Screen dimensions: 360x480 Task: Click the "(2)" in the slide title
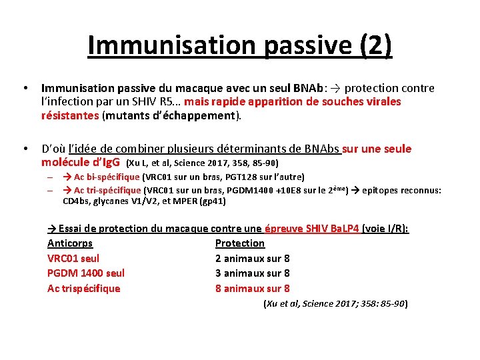click(376, 45)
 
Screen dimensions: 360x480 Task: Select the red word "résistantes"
click(69, 115)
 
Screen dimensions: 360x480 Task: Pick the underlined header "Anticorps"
click(70, 243)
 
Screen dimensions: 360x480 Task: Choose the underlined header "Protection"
click(240, 243)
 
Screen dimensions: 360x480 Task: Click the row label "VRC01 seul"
click(73, 258)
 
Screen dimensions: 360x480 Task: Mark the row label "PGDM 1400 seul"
click(86, 273)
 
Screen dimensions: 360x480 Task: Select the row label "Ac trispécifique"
click(84, 289)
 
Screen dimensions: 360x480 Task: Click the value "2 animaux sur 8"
click(253, 258)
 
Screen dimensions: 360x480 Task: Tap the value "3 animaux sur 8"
click(253, 273)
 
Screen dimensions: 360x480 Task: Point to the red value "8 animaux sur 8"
click(253, 289)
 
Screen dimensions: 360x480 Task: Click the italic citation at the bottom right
click(335, 304)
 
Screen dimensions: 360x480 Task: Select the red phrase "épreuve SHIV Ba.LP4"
click(312, 229)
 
